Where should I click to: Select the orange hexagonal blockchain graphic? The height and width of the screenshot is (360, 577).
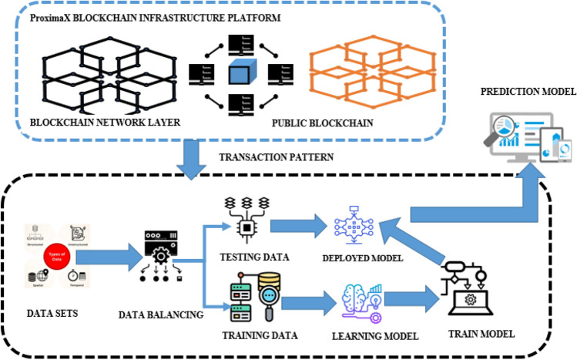351,73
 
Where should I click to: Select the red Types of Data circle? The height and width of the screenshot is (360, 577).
56,255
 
